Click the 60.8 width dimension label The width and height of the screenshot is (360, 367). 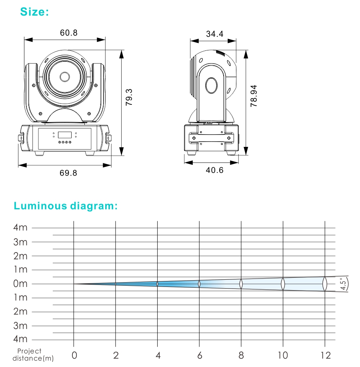(69, 33)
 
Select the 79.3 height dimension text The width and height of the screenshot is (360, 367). (129, 97)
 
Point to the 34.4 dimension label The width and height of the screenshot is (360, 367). (214, 34)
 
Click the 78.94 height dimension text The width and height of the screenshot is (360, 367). (254, 96)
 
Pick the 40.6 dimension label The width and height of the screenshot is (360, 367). (215, 170)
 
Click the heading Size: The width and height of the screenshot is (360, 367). (34, 12)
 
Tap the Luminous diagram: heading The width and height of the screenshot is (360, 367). (66, 206)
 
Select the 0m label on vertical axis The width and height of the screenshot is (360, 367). (20, 284)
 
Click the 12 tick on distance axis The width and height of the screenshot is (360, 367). (325, 355)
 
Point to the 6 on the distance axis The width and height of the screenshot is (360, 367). (200, 355)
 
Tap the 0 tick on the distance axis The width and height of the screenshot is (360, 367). (74, 355)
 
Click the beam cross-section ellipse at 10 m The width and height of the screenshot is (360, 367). (283, 284)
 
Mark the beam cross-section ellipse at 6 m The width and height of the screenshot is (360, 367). (199, 284)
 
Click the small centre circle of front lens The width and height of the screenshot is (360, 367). (64, 76)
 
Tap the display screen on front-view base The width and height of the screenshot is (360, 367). (64, 135)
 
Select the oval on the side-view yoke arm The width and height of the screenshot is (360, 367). (212, 85)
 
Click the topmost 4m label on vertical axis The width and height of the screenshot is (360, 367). (20, 228)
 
